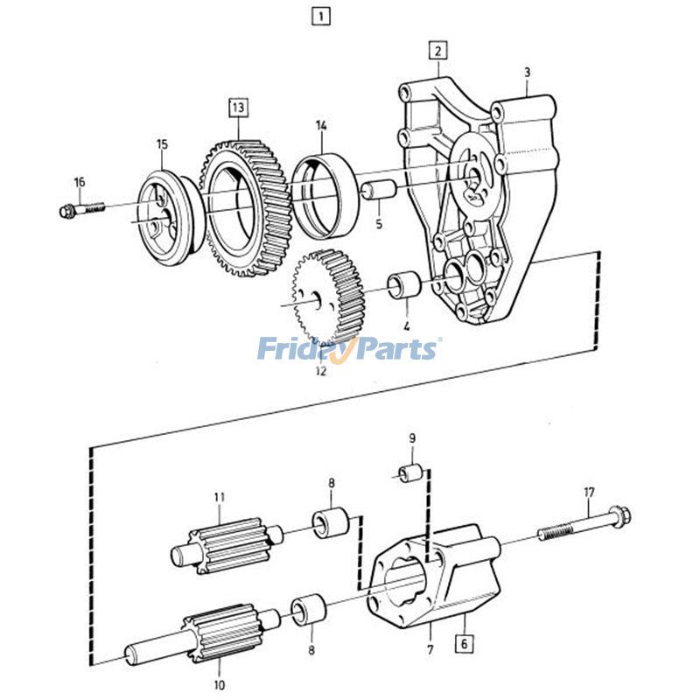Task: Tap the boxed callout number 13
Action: pos(238,108)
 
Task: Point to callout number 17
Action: pos(589,492)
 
